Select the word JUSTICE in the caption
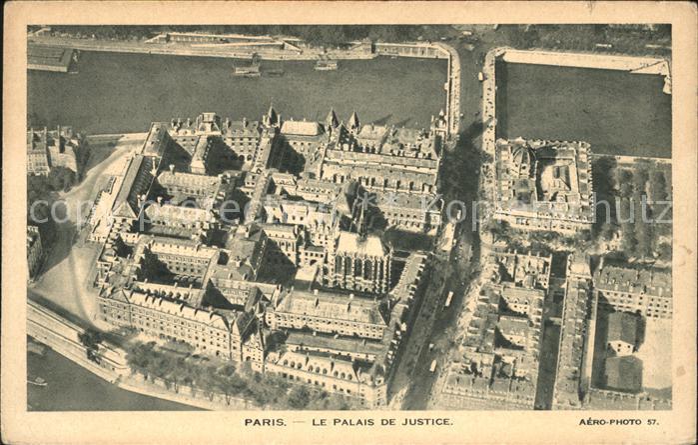423,422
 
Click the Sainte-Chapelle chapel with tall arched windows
357,261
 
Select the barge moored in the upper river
247,69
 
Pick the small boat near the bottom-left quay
38,381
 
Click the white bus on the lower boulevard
449,298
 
